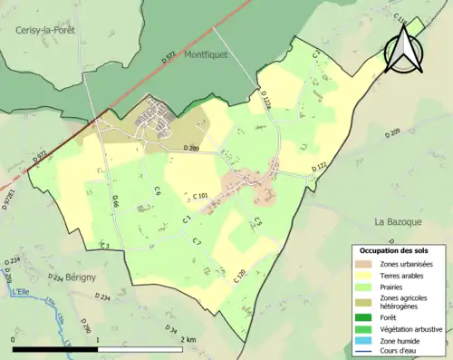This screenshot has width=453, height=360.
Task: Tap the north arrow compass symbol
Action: tap(401, 48)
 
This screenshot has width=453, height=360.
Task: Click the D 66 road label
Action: tap(116, 206)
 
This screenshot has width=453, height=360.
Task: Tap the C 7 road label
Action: tap(197, 240)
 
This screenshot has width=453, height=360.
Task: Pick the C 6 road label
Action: tap(157, 191)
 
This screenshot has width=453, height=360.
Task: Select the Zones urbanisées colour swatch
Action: tap(365, 264)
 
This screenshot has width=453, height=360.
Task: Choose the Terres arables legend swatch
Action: tap(365, 276)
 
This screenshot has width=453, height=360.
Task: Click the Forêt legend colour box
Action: tap(365, 316)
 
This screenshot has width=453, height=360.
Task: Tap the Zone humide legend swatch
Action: tap(365, 340)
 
